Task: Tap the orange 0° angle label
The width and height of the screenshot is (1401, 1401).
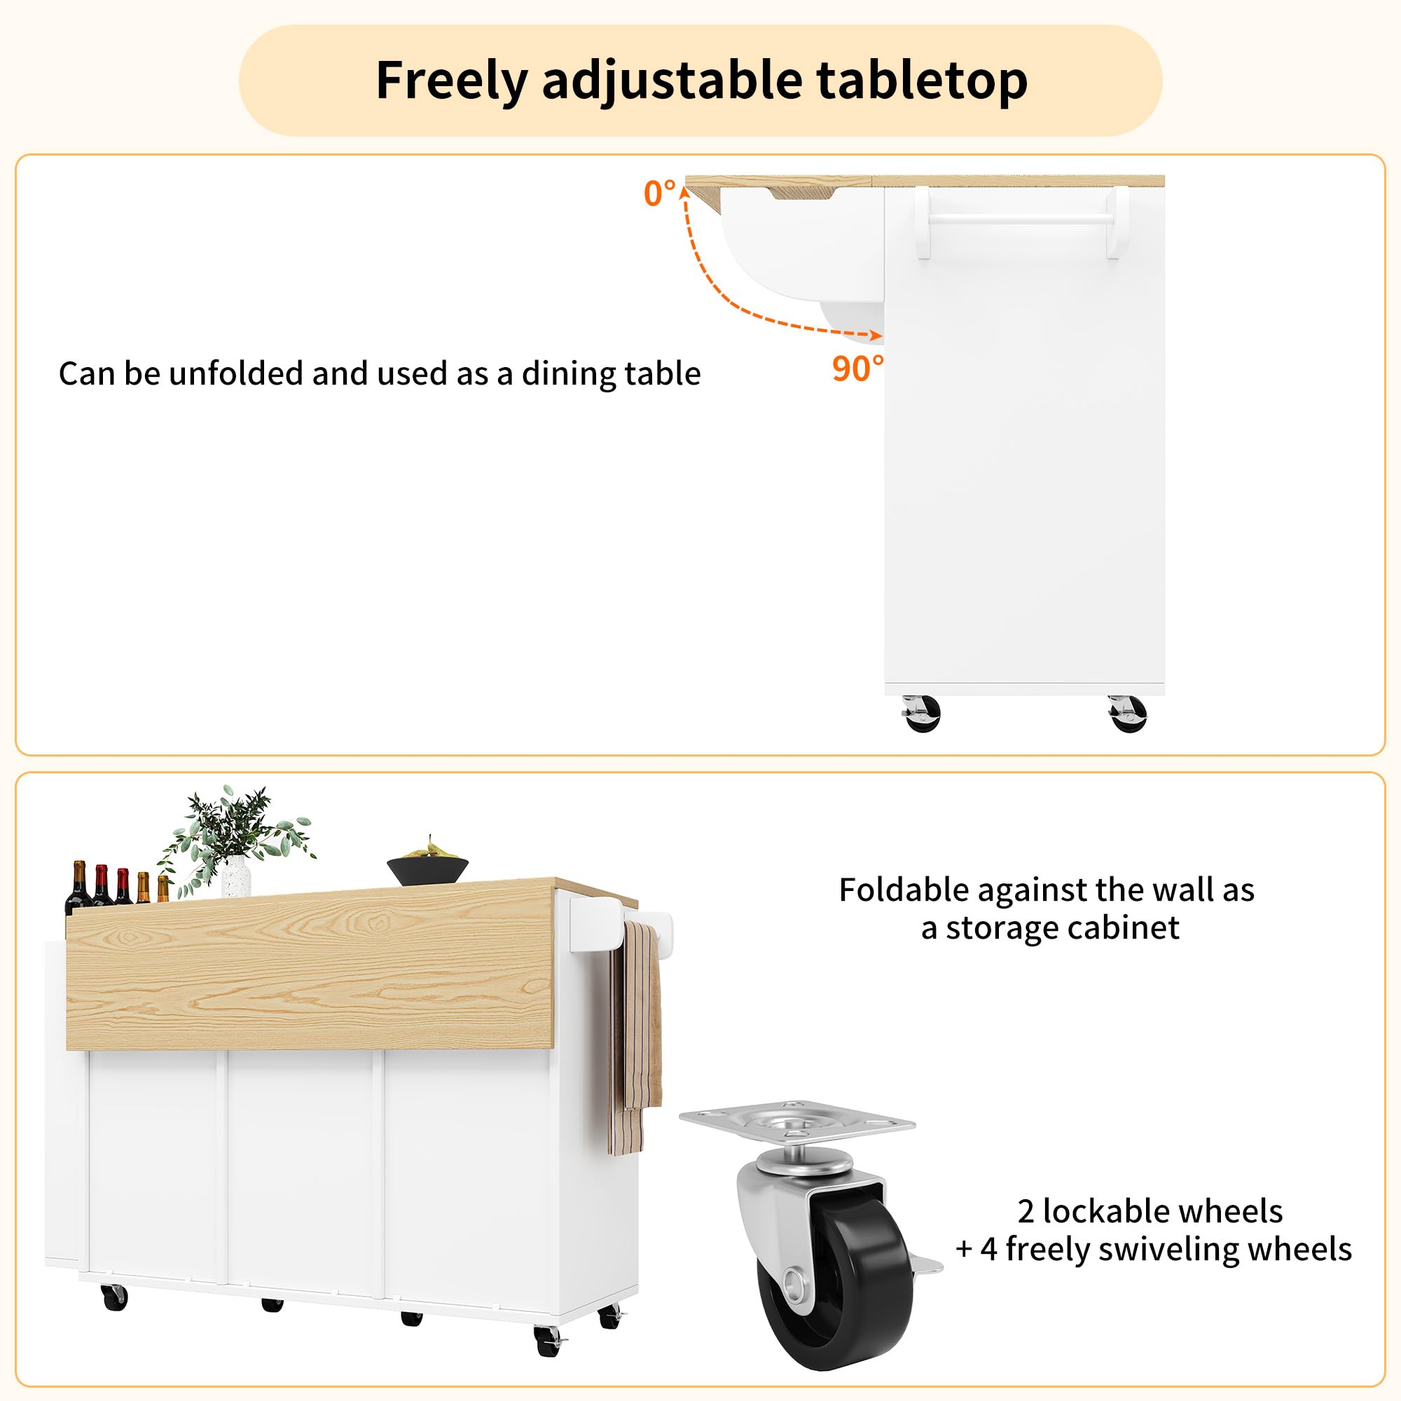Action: [659, 193]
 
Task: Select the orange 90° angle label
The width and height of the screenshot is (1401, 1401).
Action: [858, 368]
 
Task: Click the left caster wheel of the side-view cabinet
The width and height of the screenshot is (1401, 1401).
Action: [922, 714]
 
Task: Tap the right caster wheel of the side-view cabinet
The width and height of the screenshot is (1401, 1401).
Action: [1128, 714]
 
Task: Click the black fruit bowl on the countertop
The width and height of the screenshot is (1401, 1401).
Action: [428, 869]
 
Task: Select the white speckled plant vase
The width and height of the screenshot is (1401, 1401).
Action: [236, 876]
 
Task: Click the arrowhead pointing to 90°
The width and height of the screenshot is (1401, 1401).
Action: [876, 335]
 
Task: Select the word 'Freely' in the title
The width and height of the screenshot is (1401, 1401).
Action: [451, 81]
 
